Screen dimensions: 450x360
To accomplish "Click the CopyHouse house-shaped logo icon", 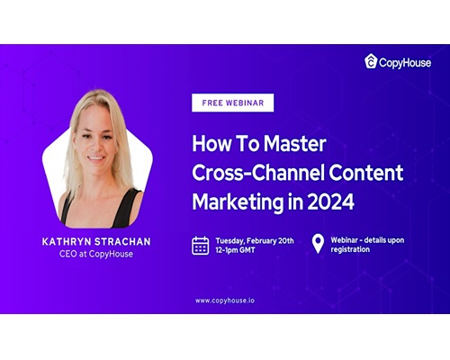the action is (x=371, y=61).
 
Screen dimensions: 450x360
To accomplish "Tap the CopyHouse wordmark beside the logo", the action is (x=405, y=63).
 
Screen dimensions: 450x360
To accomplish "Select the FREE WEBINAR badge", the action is (x=233, y=103).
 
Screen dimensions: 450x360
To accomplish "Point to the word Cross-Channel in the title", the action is (x=258, y=172).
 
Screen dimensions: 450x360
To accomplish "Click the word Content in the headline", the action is (x=366, y=172).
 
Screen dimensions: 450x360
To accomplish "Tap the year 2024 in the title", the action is (x=331, y=202).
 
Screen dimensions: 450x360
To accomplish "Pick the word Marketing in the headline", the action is (x=238, y=202).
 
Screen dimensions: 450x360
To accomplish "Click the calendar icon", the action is (x=201, y=246).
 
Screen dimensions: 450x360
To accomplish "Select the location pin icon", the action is (x=318, y=244).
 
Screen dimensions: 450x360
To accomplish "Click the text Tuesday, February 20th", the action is (x=255, y=241).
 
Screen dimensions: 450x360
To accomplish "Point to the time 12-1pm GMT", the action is (x=235, y=250).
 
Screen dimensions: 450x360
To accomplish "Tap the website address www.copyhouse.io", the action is (x=225, y=301).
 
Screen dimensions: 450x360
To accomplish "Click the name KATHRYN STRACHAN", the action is (x=96, y=241).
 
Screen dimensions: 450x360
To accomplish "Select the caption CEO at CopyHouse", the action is (x=96, y=254).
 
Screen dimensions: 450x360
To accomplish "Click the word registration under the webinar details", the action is (x=350, y=249).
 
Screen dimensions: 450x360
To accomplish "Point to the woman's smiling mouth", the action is (x=96, y=157).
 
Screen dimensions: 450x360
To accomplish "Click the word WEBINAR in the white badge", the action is (x=245, y=103).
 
